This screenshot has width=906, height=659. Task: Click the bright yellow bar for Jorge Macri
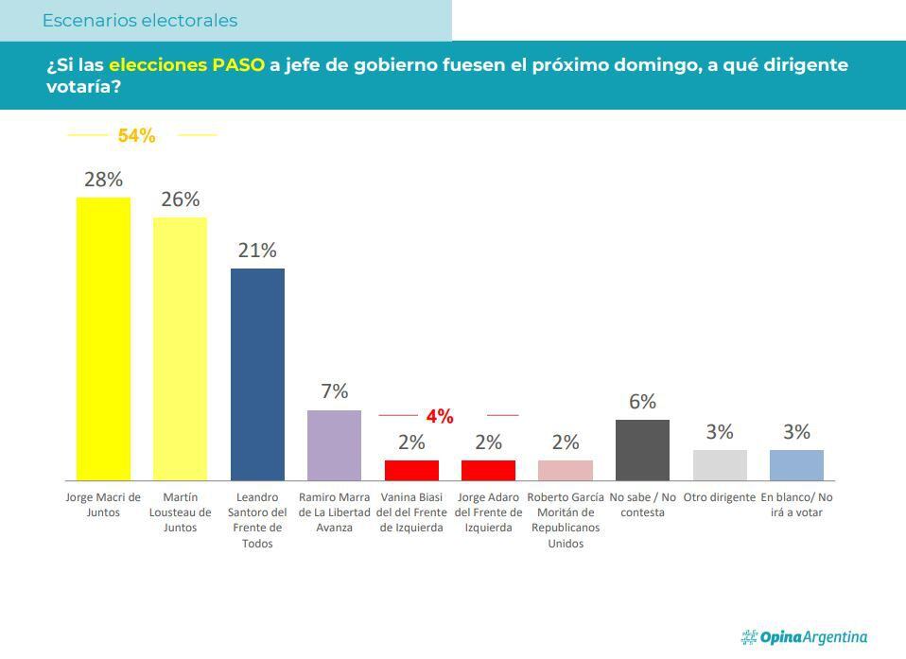coord(103,338)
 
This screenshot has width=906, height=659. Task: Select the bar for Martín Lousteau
coord(180,348)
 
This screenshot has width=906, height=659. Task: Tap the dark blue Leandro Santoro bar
coord(257,373)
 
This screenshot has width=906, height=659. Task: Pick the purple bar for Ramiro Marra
coord(334,444)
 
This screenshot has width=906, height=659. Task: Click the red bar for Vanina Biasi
coord(411,470)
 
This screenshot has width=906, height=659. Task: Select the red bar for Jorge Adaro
coord(488,470)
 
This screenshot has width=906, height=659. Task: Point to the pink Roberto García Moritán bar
coord(566,470)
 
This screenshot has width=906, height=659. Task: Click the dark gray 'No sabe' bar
coord(642,449)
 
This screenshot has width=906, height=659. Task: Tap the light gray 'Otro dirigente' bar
coord(720,464)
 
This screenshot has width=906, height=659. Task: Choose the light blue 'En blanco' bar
coord(796,464)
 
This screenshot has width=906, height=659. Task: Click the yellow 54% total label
coord(136,136)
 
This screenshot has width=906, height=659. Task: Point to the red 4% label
coord(440,416)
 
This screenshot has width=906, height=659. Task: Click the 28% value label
coord(103,179)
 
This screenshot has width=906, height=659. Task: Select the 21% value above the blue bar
coord(257,251)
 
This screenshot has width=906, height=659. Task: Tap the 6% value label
coord(642,402)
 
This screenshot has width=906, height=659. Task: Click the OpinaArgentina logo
coord(804,637)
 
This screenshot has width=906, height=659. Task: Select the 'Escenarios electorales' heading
coord(140,21)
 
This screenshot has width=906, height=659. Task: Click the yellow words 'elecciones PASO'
coord(186,65)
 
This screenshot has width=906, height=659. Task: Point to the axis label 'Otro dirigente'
coord(720,497)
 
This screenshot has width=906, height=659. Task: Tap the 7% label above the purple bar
coord(334,391)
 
